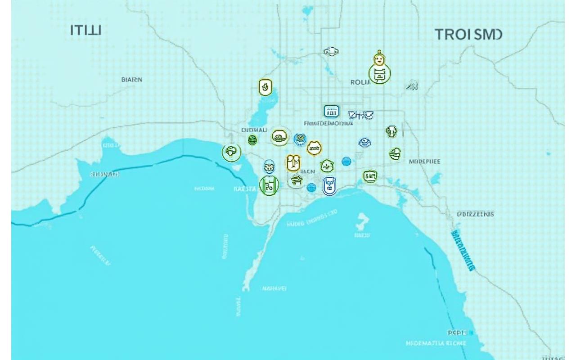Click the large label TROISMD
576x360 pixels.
(468, 35)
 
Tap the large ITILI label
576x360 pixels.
(86, 31)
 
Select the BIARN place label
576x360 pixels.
(132, 80)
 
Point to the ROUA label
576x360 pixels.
(360, 82)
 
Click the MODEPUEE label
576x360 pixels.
(425, 161)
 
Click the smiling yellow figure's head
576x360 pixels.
(379, 59)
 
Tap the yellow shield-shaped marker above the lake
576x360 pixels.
(265, 87)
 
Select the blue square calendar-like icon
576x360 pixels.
(331, 111)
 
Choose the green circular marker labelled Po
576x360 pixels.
(269, 185)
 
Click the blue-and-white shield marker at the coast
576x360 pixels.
(329, 186)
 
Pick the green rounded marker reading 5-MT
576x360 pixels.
(370, 176)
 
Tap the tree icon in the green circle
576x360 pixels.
(231, 152)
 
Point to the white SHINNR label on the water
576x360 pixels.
(105, 174)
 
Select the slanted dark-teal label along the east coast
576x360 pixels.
(462, 250)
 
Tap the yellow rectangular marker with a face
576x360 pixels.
(293, 162)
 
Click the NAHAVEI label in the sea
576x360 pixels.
(274, 288)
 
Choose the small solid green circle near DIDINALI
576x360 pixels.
(252, 140)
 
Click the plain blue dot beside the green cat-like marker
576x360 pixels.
(346, 161)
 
